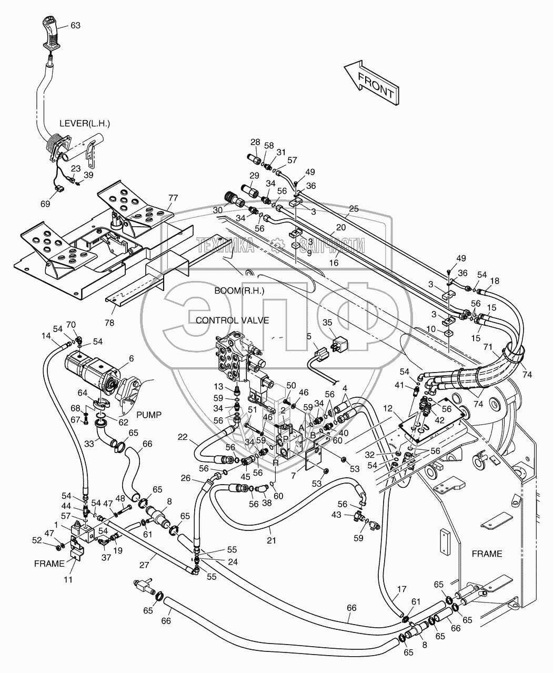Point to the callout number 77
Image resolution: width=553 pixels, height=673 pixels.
173,198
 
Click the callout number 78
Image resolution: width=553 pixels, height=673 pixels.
109,323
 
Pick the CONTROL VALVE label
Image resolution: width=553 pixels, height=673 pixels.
232,320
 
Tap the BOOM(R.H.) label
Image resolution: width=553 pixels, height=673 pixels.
239,290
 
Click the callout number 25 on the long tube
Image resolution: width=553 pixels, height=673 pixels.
354,209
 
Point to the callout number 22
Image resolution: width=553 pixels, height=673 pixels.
182,436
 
